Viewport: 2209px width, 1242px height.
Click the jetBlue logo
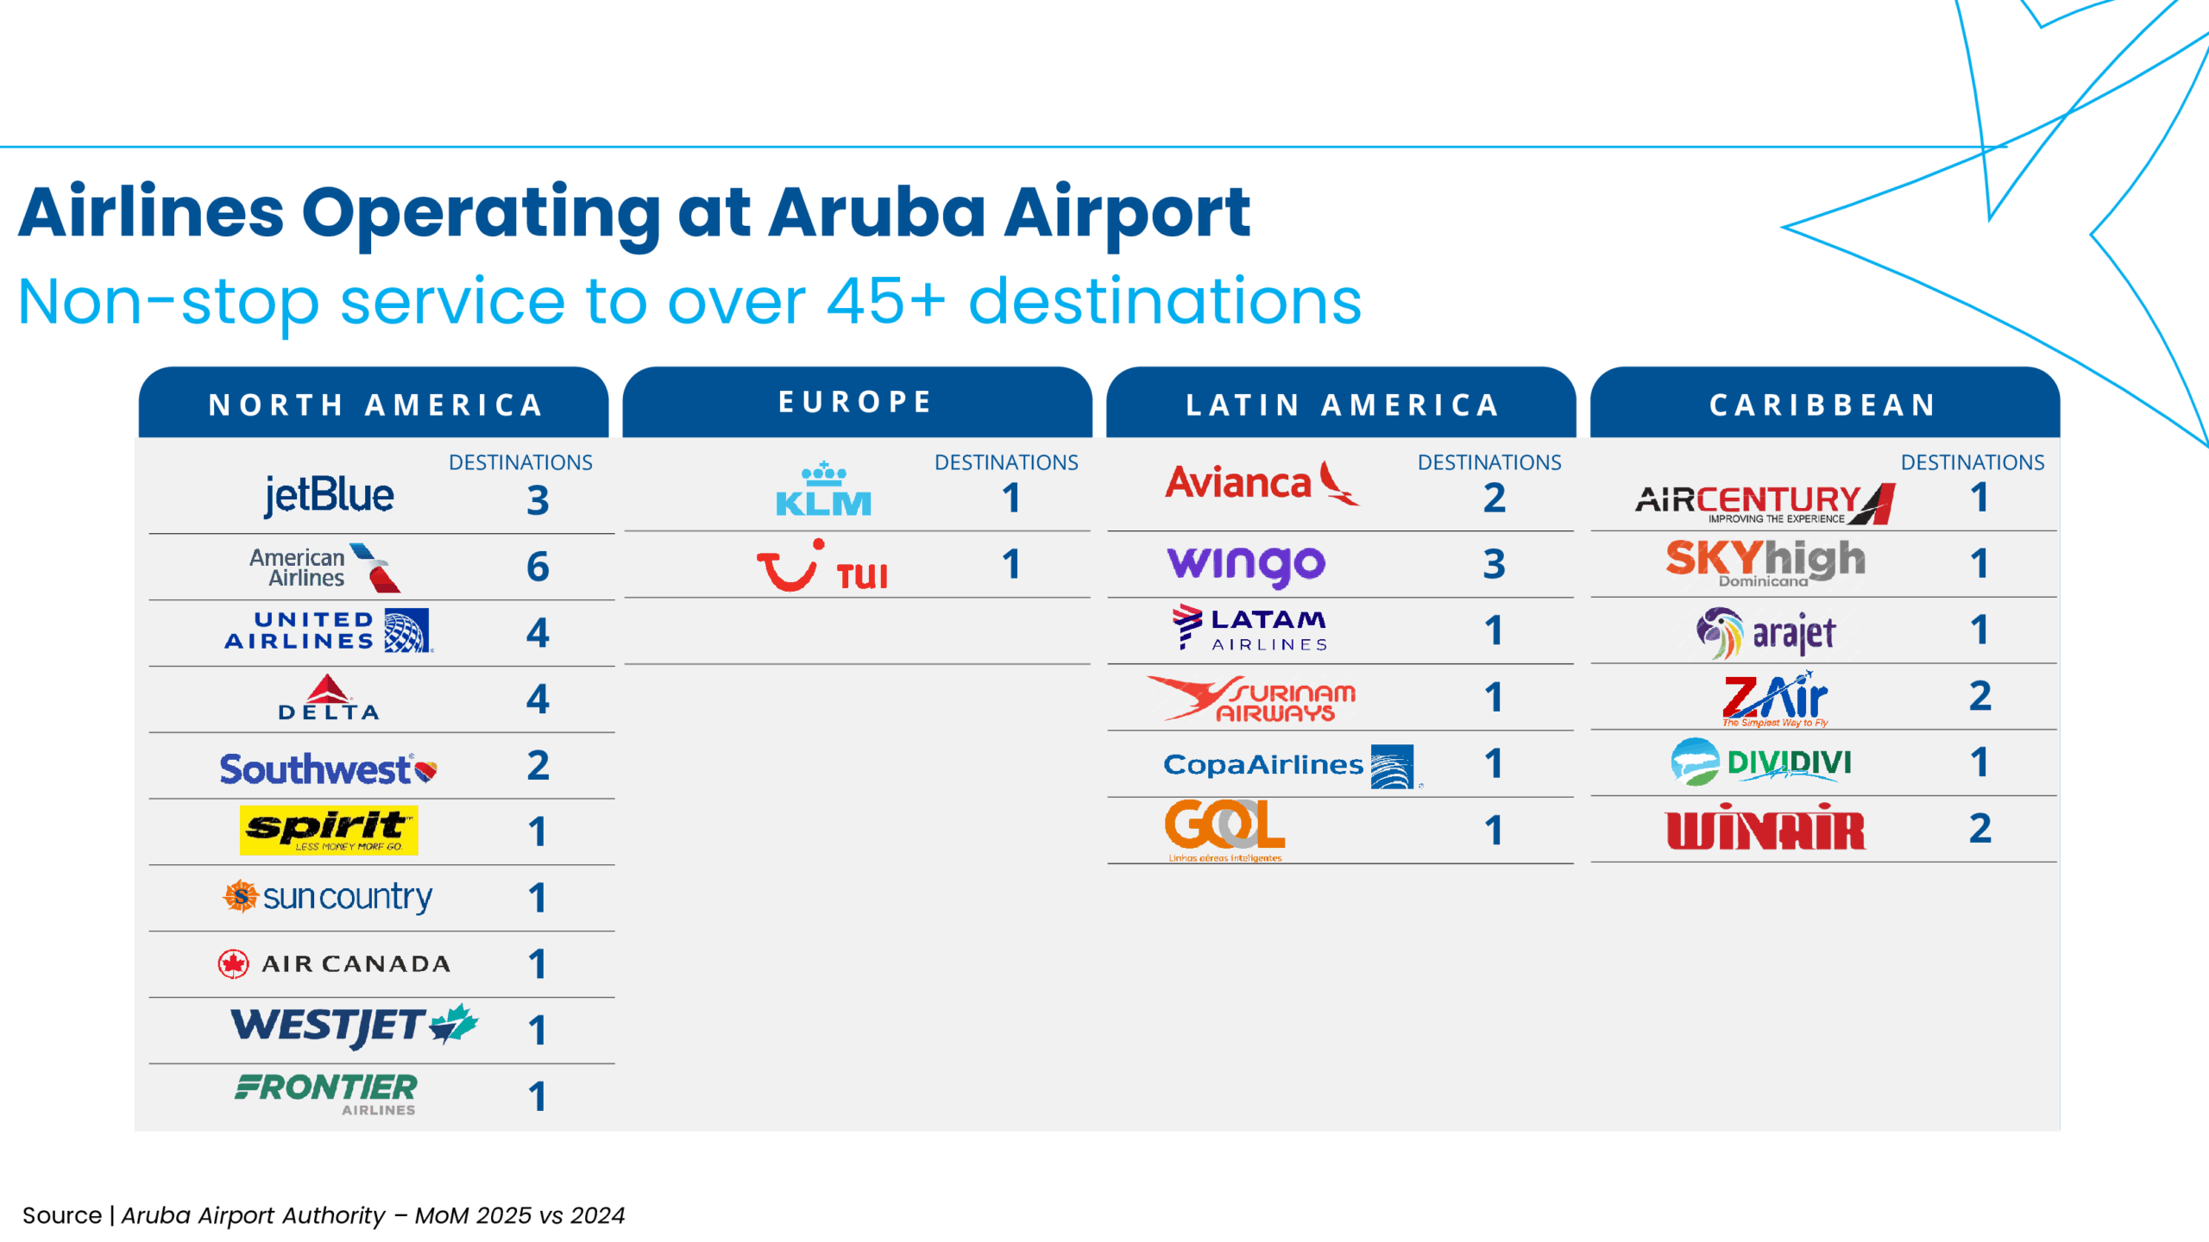tap(329, 495)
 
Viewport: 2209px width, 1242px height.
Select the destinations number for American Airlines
tap(538, 567)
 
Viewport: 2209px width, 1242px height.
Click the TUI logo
tap(821, 568)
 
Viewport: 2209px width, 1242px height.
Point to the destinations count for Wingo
tap(1494, 565)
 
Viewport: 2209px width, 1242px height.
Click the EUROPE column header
tap(856, 402)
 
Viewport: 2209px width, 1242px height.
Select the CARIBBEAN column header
tap(1823, 405)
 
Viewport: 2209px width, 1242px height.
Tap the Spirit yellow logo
tap(329, 831)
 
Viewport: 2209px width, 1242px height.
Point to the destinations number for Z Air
tap(1979, 696)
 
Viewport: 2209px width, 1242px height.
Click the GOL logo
tap(1224, 828)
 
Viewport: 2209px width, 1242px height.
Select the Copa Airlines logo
tap(1290, 765)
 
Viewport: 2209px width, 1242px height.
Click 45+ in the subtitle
tap(885, 302)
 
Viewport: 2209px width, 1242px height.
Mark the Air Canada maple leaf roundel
tap(233, 963)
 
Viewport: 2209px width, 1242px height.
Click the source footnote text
tap(324, 1215)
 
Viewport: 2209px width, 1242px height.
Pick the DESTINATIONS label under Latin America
tap(1488, 462)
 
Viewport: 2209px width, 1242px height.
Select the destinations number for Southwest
tap(538, 766)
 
